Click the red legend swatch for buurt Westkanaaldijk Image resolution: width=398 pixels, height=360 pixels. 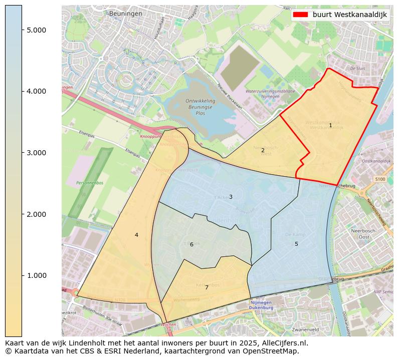tap(301, 15)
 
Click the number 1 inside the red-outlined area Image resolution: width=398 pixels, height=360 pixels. tap(330, 125)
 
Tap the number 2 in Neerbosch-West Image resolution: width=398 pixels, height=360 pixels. tap(263, 150)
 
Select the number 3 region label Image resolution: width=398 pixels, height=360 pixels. tap(231, 197)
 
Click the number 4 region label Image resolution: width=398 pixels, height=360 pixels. tap(136, 235)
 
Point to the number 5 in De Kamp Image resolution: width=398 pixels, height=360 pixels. tap(296, 244)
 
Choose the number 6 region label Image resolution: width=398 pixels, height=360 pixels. tap(191, 244)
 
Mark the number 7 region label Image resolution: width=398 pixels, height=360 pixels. tap(207, 287)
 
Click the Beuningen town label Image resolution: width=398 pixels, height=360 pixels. tap(125, 14)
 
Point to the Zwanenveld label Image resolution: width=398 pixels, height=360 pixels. tap(306, 330)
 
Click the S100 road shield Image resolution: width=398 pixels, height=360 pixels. tap(380, 179)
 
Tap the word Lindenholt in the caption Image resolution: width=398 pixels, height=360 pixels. tap(91, 343)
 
